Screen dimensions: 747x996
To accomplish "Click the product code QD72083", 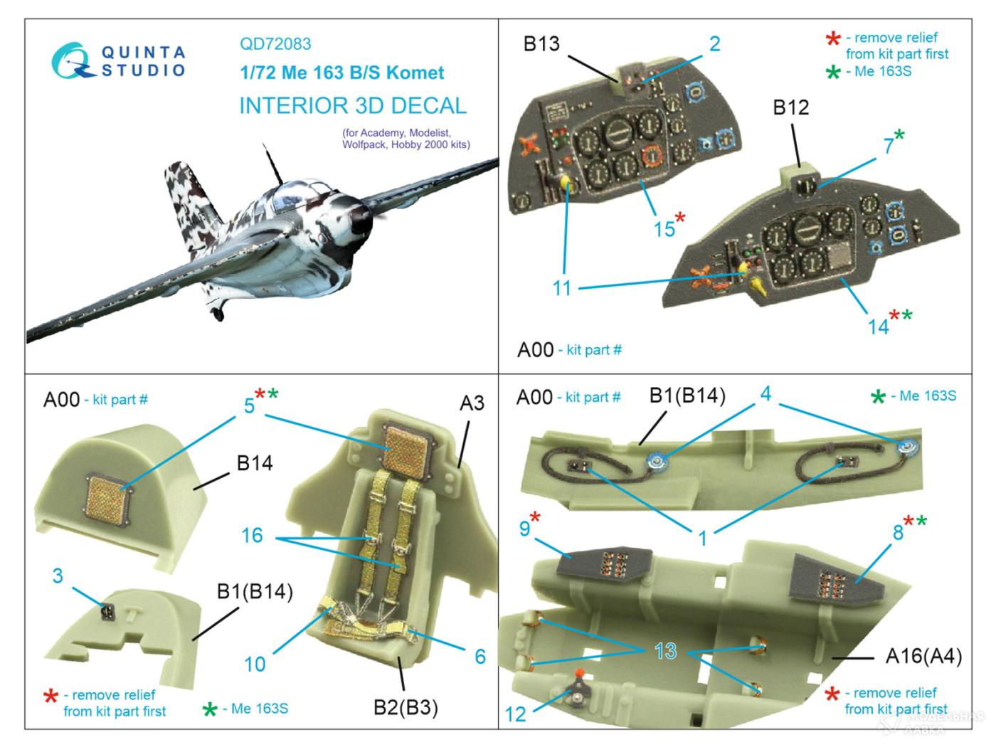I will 275,44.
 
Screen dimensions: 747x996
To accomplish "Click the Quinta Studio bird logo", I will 71,60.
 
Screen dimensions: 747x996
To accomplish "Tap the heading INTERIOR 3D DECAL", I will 353,106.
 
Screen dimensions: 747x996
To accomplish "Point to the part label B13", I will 541,44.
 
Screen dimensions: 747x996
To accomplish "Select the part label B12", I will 791,107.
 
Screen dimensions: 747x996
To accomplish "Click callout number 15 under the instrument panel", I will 664,228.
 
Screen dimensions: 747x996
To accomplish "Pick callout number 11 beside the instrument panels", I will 562,288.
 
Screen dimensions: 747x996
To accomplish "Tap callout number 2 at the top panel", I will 714,44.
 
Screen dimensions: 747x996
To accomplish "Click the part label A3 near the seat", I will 472,403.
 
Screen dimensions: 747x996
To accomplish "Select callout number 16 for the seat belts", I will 252,535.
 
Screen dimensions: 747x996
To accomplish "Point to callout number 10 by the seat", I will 255,664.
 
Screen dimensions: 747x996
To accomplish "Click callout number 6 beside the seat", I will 480,656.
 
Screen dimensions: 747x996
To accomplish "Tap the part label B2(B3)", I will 406,707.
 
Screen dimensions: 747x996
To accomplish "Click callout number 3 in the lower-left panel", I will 58,576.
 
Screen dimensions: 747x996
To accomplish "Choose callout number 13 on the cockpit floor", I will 666,652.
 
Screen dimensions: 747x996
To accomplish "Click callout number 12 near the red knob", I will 515,713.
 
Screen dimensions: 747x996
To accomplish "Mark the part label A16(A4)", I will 923,657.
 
